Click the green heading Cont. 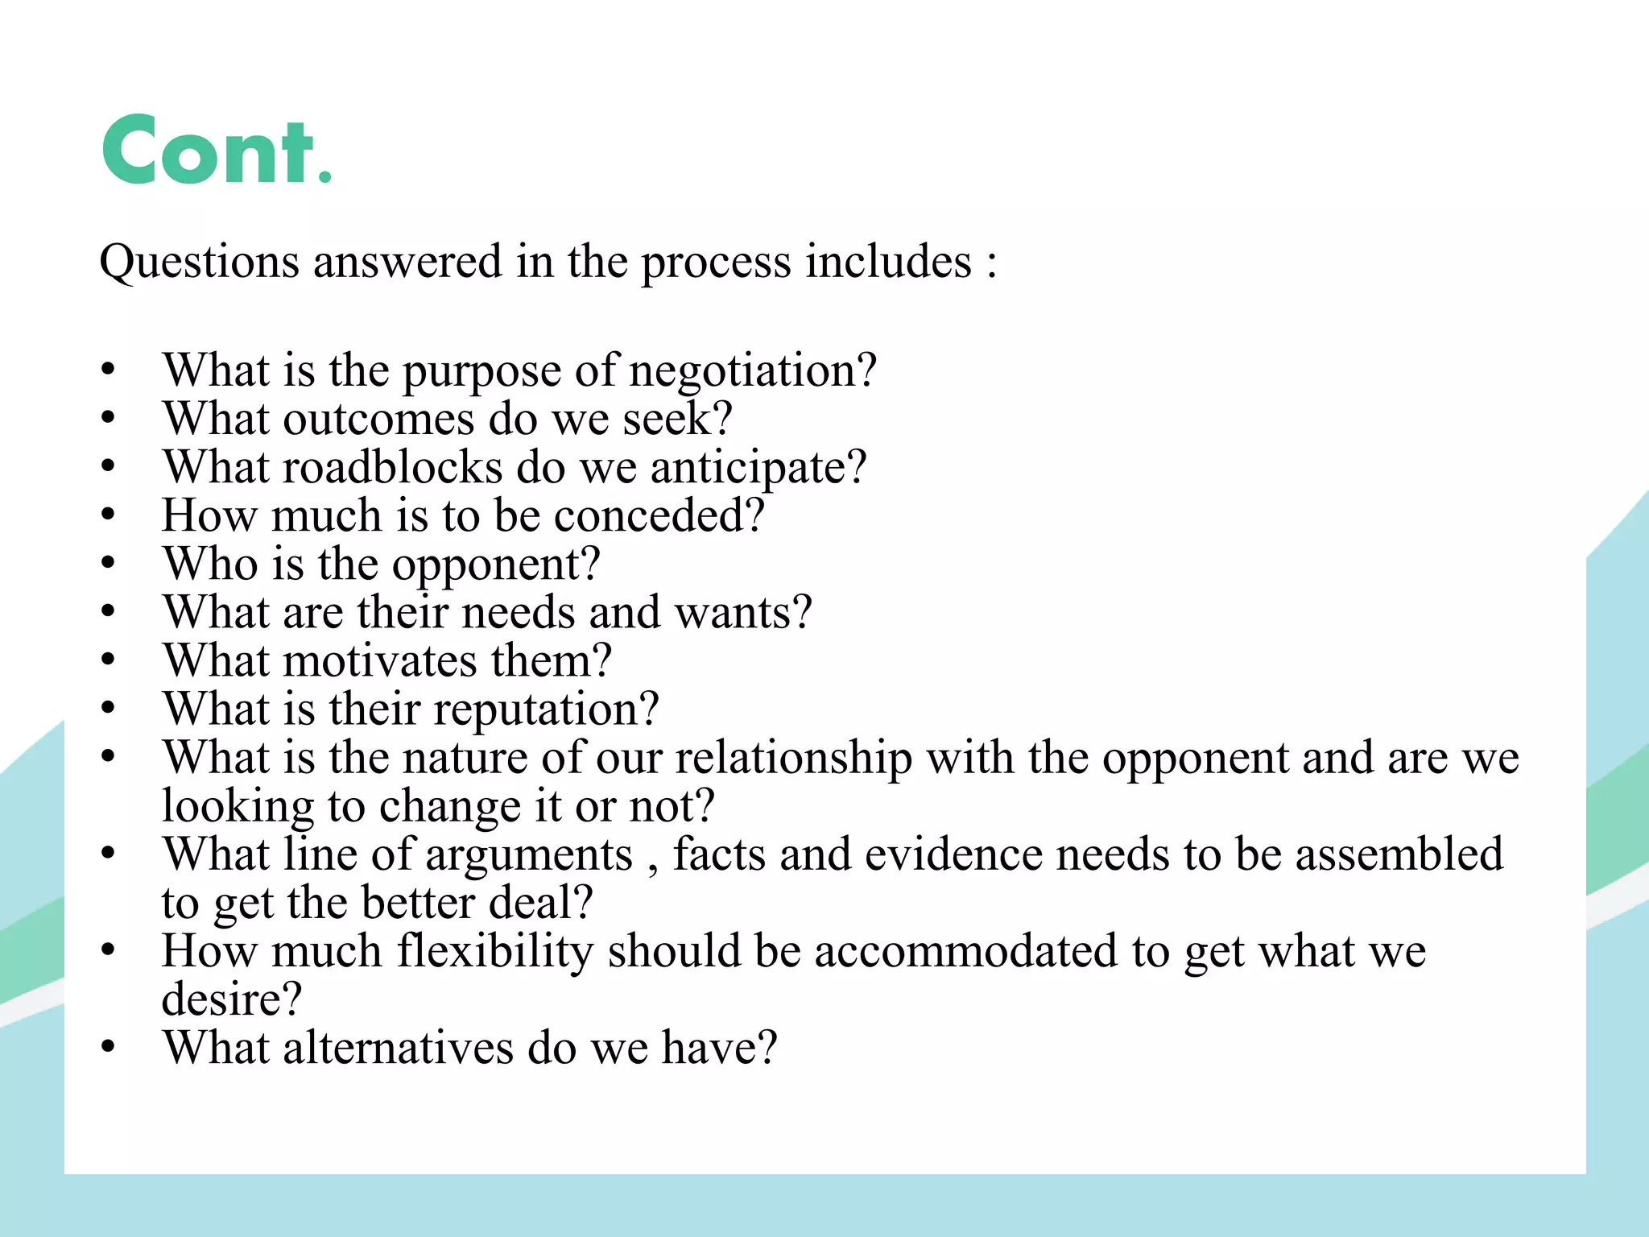point(216,151)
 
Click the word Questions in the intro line point(199,263)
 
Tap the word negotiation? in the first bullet point(752,371)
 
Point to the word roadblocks point(392,468)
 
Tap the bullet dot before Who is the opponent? point(109,563)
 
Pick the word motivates point(380,661)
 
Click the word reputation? point(547,710)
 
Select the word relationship point(793,759)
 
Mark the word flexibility point(495,951)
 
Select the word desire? point(232,1000)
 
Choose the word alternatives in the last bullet point(398,1049)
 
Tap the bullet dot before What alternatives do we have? point(109,1046)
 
